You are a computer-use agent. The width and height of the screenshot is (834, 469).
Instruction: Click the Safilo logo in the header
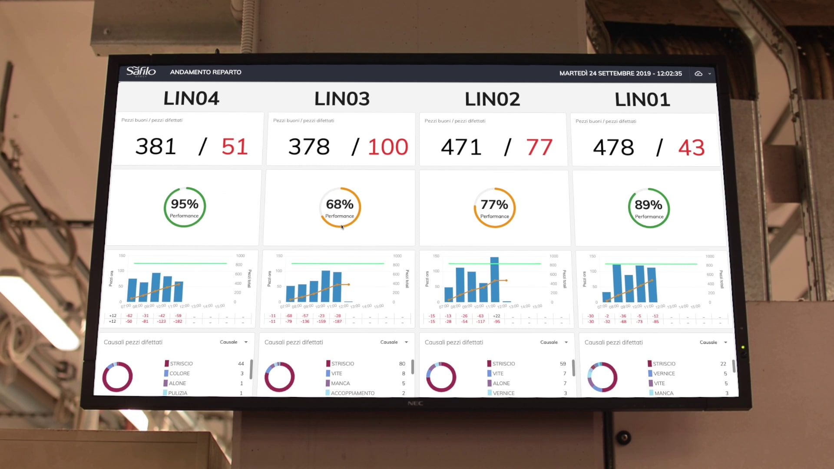pyautogui.click(x=141, y=72)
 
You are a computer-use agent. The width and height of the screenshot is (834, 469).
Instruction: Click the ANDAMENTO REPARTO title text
pyautogui.click(x=205, y=72)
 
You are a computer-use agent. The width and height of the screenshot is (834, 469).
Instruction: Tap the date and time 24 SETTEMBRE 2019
pyautogui.click(x=620, y=73)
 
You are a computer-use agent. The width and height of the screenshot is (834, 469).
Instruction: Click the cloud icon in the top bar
pyautogui.click(x=698, y=74)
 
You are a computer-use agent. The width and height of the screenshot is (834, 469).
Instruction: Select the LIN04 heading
pyautogui.click(x=191, y=99)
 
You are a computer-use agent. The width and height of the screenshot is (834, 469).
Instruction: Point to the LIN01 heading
pyautogui.click(x=642, y=100)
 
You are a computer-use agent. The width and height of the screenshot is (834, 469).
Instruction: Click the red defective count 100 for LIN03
pyautogui.click(x=388, y=147)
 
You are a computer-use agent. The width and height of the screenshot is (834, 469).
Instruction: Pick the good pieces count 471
pyautogui.click(x=461, y=147)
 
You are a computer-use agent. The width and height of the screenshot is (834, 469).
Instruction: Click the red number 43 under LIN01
pyautogui.click(x=691, y=148)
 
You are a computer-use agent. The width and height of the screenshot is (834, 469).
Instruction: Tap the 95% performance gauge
pyautogui.click(x=185, y=207)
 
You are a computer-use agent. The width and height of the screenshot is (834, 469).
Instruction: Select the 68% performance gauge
pyautogui.click(x=340, y=208)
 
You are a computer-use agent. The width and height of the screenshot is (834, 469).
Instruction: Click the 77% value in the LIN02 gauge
pyautogui.click(x=494, y=205)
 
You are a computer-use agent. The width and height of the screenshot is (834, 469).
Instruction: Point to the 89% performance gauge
pyautogui.click(x=649, y=208)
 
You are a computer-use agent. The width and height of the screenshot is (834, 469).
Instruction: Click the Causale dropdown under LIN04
pyautogui.click(x=234, y=342)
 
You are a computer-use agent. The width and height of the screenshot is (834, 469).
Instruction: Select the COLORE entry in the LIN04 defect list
pyautogui.click(x=179, y=373)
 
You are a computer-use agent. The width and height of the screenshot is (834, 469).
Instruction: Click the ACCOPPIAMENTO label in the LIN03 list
pyautogui.click(x=352, y=393)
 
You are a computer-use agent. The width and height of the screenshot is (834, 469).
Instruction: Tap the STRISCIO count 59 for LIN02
pyautogui.click(x=563, y=364)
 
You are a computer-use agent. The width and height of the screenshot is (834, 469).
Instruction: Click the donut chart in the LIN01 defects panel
pyautogui.click(x=602, y=377)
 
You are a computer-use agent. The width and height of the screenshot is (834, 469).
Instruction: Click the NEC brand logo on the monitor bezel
pyautogui.click(x=415, y=403)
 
